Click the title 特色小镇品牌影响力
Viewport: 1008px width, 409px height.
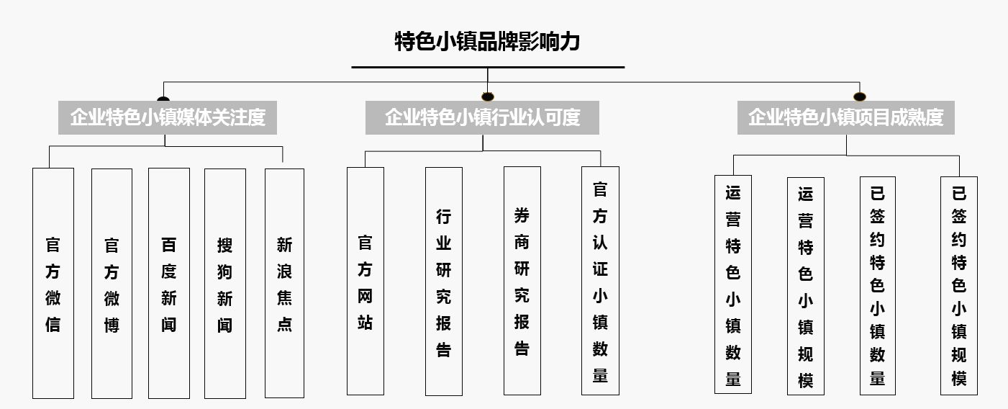click(x=487, y=42)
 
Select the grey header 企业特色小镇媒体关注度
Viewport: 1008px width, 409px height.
click(x=168, y=117)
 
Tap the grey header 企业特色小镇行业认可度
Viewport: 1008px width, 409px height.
click(x=482, y=117)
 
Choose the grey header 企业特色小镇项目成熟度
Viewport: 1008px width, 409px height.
click(x=845, y=117)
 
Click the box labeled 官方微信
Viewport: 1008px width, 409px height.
click(x=53, y=283)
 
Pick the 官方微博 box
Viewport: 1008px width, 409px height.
click(x=112, y=283)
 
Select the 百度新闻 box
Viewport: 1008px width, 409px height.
click(x=168, y=283)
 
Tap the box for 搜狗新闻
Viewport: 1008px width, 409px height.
click(x=224, y=283)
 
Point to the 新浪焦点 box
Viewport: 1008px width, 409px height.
click(x=284, y=283)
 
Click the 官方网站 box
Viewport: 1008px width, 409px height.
click(x=365, y=281)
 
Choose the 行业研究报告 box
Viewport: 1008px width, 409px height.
click(x=443, y=281)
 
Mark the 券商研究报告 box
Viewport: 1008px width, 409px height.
click(x=522, y=281)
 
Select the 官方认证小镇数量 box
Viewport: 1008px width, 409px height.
click(x=600, y=281)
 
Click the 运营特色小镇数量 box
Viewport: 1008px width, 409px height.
click(x=732, y=284)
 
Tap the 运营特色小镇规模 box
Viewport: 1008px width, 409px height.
click(x=805, y=285)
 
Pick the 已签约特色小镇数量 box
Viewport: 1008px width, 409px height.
click(x=877, y=285)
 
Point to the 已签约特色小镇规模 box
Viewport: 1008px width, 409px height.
click(x=958, y=285)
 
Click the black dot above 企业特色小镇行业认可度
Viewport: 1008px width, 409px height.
click(x=488, y=96)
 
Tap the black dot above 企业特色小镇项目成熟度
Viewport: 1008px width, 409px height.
click(x=859, y=96)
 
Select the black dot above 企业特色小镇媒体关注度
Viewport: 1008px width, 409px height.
click(x=163, y=99)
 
